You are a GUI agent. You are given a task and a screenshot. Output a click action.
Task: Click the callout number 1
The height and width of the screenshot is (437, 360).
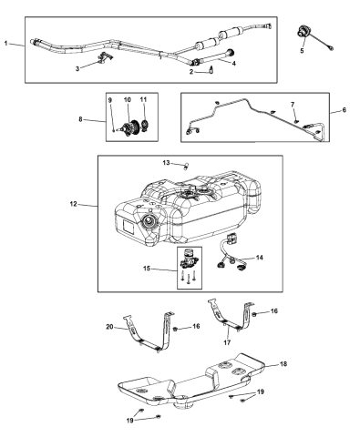[x=8, y=44]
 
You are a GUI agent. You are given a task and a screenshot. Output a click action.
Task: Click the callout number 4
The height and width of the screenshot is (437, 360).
[x=233, y=63]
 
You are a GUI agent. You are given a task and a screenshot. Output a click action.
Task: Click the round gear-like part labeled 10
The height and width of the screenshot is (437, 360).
[x=129, y=127]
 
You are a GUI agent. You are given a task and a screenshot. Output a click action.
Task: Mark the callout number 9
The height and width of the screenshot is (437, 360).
[x=110, y=98]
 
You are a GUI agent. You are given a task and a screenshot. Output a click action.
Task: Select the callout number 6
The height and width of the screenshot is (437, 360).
[x=344, y=110]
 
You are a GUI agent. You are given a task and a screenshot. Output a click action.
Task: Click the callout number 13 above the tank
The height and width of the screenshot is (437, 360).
[x=166, y=162]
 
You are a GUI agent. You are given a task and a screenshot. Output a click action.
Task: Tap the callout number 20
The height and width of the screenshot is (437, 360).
[x=109, y=326]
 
